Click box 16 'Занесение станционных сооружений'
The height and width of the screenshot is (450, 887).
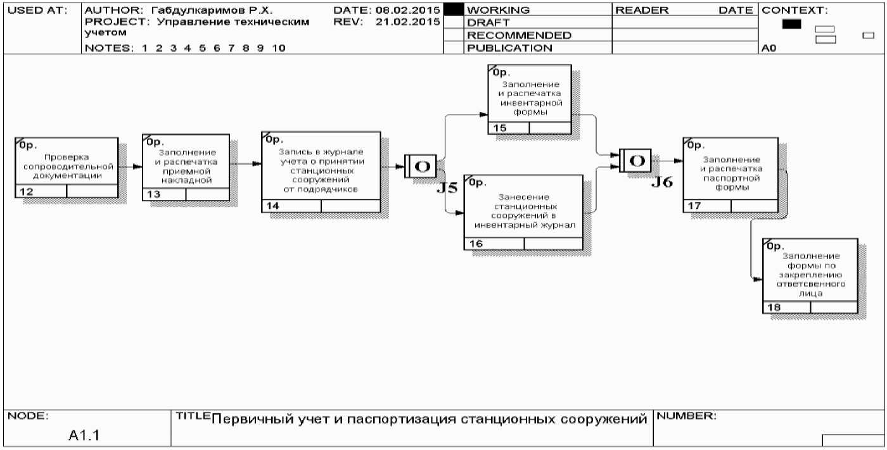point(523,211)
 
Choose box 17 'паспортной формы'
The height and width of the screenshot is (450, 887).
point(731,174)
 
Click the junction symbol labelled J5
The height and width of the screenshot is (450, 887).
point(421,166)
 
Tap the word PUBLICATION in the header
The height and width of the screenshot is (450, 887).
point(509,47)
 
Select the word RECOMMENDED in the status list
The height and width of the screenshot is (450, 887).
point(518,35)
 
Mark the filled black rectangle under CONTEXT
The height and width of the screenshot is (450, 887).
point(791,24)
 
